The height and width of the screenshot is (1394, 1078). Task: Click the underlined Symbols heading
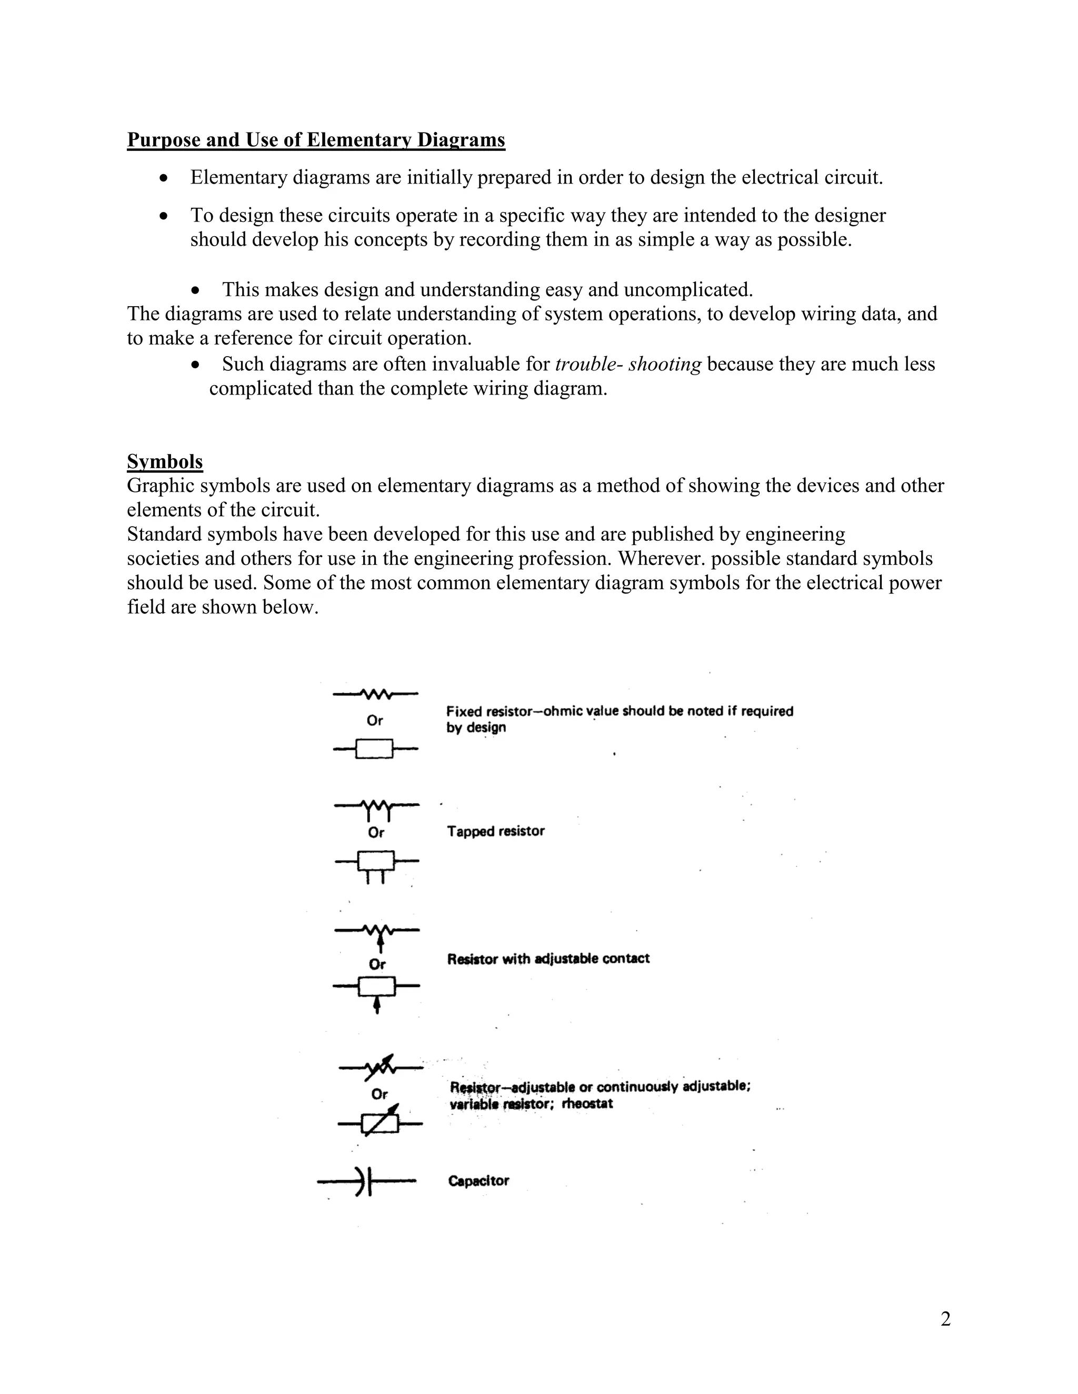[x=165, y=461]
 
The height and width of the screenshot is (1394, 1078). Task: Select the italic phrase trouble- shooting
[x=628, y=365]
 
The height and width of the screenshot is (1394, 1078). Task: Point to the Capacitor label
[x=478, y=1181]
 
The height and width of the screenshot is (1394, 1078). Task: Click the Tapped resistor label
[x=495, y=831]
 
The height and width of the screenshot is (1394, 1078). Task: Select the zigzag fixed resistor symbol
[x=375, y=693]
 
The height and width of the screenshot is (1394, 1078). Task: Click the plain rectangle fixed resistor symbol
[x=375, y=749]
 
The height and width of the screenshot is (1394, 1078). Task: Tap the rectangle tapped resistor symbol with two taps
[x=376, y=863]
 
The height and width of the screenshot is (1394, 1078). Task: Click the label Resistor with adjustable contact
[x=548, y=958]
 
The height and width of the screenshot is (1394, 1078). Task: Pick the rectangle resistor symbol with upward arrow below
[x=377, y=989]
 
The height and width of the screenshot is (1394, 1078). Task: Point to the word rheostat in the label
[x=587, y=1104]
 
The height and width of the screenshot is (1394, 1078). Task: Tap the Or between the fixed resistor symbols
[x=375, y=721]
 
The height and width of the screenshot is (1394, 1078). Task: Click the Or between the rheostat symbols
[x=380, y=1094]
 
